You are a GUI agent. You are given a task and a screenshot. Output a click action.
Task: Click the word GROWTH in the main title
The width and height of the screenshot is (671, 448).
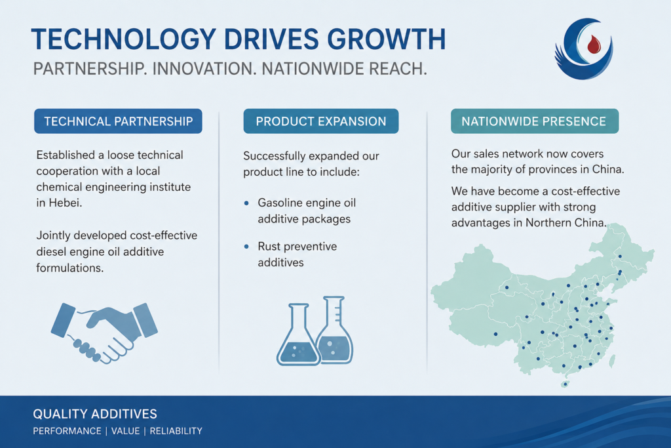(x=387, y=39)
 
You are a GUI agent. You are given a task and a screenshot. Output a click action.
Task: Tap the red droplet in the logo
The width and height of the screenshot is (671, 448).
(x=594, y=44)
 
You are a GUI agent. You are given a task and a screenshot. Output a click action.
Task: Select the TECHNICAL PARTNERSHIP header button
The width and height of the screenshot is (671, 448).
(x=118, y=121)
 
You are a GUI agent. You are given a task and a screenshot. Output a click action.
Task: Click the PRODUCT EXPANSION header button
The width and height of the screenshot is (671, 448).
(x=321, y=121)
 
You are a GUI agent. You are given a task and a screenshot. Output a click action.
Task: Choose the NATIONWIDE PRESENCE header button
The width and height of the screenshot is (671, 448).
(x=535, y=121)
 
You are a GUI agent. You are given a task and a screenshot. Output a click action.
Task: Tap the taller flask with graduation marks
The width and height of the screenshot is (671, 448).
(x=335, y=329)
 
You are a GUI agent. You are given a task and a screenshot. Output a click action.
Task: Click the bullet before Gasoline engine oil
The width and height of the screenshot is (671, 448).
(x=246, y=203)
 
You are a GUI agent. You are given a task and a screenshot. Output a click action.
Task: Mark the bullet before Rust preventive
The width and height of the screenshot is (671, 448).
(x=246, y=247)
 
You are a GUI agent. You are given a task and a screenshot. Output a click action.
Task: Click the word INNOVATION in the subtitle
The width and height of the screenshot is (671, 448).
(x=204, y=69)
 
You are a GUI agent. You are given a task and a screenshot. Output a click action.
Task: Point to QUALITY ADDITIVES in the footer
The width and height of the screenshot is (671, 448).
(x=95, y=414)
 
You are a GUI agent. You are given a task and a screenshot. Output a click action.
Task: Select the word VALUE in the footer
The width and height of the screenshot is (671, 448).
(x=125, y=431)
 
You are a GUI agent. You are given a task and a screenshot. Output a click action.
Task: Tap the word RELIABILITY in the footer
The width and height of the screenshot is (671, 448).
(x=176, y=431)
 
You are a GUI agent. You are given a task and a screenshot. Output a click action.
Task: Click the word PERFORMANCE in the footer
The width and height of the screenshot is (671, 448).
(x=67, y=431)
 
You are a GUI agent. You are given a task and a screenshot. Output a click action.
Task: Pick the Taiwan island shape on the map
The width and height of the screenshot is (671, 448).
(x=613, y=361)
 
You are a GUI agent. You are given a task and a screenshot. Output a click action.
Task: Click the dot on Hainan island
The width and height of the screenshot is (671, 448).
(x=566, y=384)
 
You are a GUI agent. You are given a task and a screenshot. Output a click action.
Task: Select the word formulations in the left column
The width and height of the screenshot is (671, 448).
(x=69, y=268)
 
